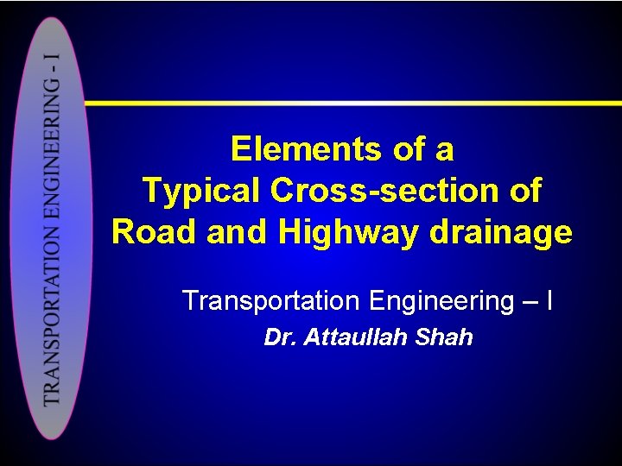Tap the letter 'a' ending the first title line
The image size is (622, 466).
(x=444, y=150)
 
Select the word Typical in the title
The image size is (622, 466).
(x=200, y=191)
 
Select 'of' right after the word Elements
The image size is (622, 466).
(x=407, y=150)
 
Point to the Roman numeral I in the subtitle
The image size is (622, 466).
(x=550, y=301)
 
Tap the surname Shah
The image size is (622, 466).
(x=444, y=337)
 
